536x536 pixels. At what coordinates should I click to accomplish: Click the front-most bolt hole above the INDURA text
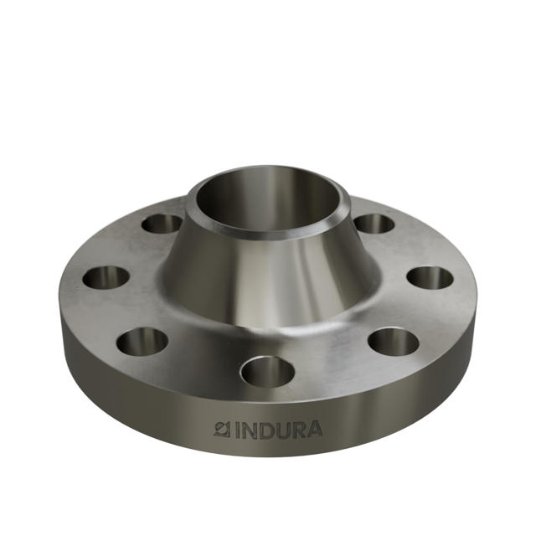tap(267, 370)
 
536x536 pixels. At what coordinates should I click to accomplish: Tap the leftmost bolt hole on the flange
tap(106, 276)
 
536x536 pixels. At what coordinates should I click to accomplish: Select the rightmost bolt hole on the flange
tap(430, 277)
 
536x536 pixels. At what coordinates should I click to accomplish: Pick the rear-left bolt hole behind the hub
tap(162, 224)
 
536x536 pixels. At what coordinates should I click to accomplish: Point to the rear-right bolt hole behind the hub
tap(374, 224)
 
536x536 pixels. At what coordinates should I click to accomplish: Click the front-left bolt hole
tap(142, 341)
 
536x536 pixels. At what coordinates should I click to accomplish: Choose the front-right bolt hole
tap(393, 341)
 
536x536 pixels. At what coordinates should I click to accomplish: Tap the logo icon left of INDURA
tap(222, 430)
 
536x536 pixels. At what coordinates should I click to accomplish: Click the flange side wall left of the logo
tap(134, 402)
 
